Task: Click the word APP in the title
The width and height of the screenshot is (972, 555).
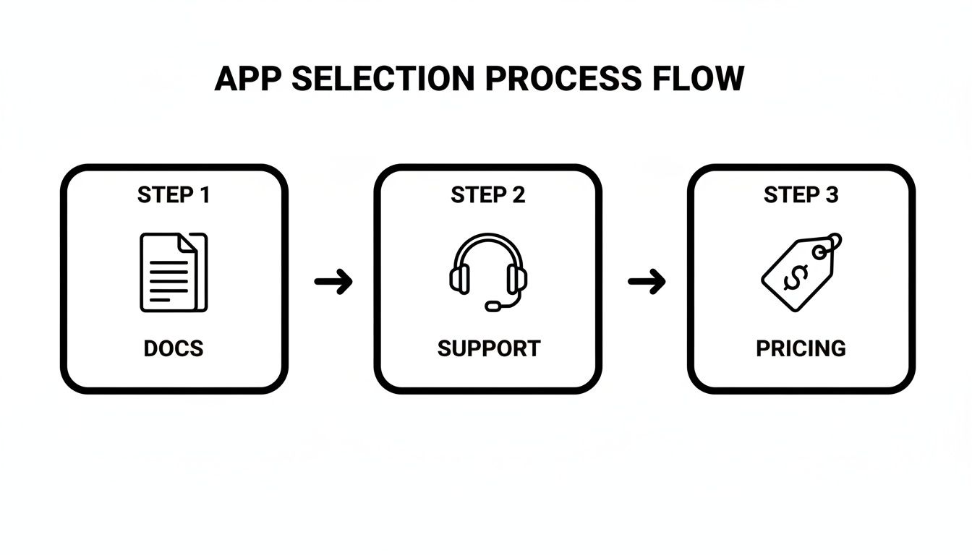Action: click(247, 78)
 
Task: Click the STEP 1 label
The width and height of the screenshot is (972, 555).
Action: click(174, 195)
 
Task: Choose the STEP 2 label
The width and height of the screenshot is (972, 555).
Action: click(487, 195)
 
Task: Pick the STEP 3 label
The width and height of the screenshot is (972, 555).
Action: click(801, 195)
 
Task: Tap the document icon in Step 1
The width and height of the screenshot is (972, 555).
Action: click(173, 272)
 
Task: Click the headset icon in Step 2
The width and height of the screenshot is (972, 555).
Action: click(487, 272)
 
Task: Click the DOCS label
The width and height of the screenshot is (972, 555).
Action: click(174, 348)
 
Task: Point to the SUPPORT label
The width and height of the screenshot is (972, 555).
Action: click(488, 348)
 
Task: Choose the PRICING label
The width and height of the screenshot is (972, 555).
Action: click(801, 348)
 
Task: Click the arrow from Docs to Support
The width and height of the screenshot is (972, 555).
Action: click(333, 281)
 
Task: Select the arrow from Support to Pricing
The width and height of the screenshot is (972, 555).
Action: click(647, 281)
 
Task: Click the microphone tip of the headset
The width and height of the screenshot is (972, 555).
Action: click(493, 306)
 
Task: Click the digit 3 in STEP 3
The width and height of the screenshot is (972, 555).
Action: click(832, 195)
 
